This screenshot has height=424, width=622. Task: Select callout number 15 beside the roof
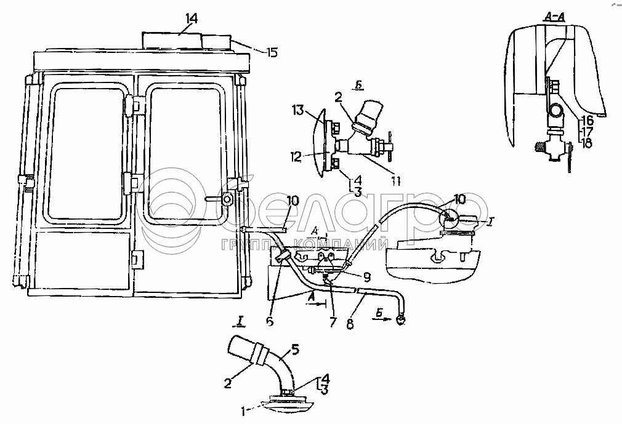271,52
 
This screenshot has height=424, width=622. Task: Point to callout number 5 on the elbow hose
294,351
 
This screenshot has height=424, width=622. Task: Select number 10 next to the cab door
293,201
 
